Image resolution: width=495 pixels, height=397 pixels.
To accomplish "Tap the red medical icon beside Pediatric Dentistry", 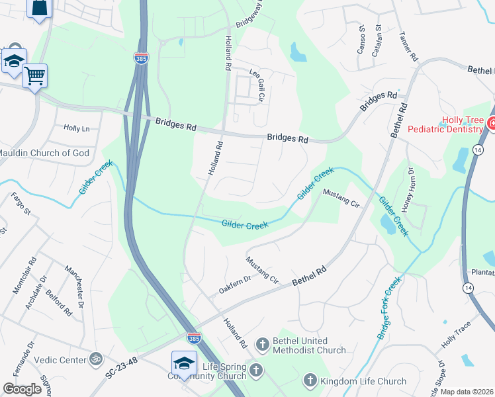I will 491,123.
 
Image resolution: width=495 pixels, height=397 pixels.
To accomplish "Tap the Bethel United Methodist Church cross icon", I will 263,343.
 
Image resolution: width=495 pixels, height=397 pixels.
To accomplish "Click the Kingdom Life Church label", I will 363,381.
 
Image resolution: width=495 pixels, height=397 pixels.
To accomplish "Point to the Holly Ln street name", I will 76,128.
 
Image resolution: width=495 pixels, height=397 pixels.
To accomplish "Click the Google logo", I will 22,389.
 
